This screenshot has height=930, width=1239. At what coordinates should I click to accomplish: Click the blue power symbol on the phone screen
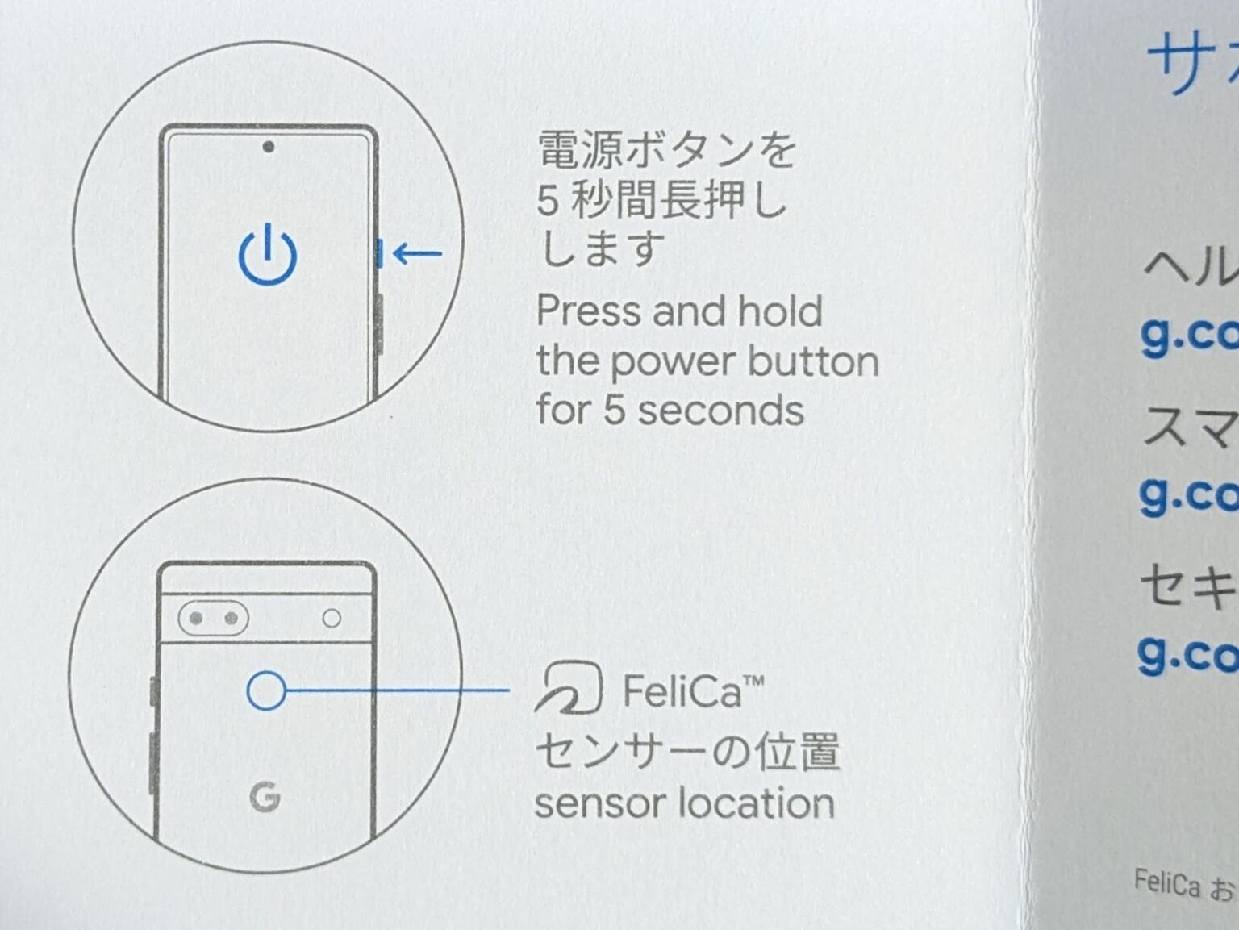click(x=268, y=256)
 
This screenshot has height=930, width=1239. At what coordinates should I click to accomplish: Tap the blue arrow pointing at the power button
click(x=417, y=254)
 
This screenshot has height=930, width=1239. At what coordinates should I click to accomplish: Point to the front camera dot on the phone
click(x=269, y=147)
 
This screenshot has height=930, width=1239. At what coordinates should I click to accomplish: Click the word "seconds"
click(x=720, y=411)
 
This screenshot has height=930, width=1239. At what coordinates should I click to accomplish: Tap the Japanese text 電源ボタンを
click(x=666, y=150)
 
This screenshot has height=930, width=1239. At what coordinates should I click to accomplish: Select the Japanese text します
click(x=601, y=248)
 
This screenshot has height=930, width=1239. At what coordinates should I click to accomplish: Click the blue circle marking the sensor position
click(x=266, y=690)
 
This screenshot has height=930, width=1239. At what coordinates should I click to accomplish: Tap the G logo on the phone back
click(x=265, y=797)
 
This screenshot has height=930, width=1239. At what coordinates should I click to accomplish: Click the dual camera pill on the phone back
click(x=213, y=619)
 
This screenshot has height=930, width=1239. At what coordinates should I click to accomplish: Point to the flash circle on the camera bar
click(x=332, y=619)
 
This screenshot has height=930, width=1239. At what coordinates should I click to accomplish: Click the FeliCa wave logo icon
click(x=569, y=688)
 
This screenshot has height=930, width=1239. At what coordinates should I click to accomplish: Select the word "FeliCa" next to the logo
click(x=682, y=692)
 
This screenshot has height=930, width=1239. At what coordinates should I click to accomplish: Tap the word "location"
click(x=756, y=804)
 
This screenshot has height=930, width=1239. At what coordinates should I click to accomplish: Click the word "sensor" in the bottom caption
click(x=600, y=804)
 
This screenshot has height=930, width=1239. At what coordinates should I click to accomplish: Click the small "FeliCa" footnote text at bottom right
click(x=1166, y=883)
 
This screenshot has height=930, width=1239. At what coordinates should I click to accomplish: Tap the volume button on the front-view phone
click(x=378, y=323)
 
